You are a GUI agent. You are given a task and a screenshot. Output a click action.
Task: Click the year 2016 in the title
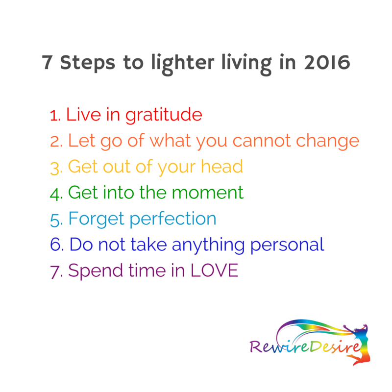tap(327, 62)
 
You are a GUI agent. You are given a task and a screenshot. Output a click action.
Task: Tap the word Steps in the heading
tap(88, 63)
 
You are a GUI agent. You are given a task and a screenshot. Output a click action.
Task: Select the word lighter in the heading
tap(183, 64)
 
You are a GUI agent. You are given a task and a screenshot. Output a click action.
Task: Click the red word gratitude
tap(164, 115)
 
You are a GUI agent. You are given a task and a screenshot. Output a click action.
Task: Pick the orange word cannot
tap(262, 141)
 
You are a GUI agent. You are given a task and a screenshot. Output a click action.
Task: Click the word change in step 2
tap(327, 142)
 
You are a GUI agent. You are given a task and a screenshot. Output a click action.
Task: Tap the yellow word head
tap(222, 167)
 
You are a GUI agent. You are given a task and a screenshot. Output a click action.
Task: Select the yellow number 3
tap(55, 168)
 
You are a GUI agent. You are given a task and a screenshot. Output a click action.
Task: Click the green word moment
tap(207, 193)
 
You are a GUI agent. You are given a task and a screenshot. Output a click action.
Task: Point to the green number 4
tap(55, 194)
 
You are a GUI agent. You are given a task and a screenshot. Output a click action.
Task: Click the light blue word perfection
tap(173, 220)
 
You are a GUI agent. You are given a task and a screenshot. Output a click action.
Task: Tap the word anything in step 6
tap(208, 245)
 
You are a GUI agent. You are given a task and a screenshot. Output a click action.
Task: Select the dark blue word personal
tap(287, 245)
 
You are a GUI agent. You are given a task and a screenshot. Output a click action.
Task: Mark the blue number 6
tap(56, 245)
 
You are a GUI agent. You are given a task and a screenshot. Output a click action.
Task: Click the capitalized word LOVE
tap(214, 270)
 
